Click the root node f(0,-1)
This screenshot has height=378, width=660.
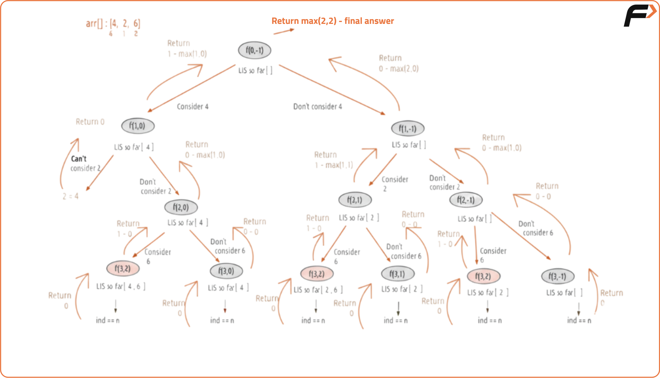(255, 50)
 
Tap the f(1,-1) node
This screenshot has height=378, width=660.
(408, 129)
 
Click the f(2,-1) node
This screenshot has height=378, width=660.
(466, 200)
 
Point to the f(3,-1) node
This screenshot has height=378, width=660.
(558, 276)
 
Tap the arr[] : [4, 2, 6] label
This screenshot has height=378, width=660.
(113, 24)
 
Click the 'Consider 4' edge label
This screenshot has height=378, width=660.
(193, 107)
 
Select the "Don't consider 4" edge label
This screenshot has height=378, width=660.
(318, 107)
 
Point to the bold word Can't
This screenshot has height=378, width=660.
(79, 159)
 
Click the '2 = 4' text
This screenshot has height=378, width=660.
(71, 196)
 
